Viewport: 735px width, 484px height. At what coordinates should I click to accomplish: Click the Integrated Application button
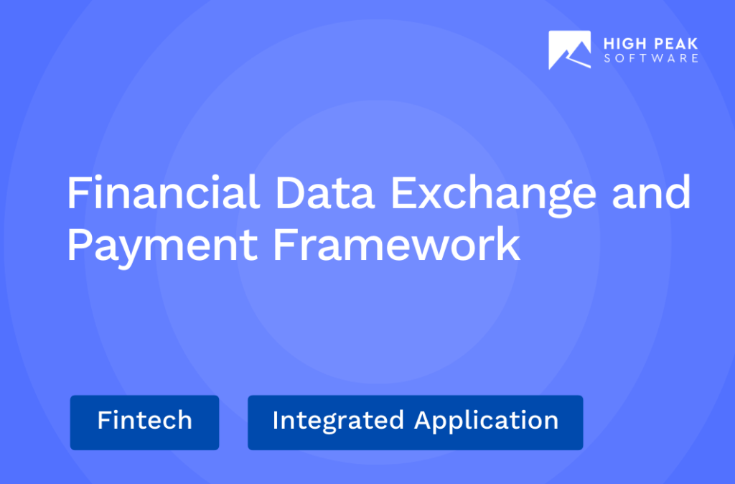415,422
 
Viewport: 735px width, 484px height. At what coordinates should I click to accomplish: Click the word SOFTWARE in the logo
650,58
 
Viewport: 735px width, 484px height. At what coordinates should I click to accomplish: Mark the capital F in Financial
77,194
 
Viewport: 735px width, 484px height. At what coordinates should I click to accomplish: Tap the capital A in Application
423,420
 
